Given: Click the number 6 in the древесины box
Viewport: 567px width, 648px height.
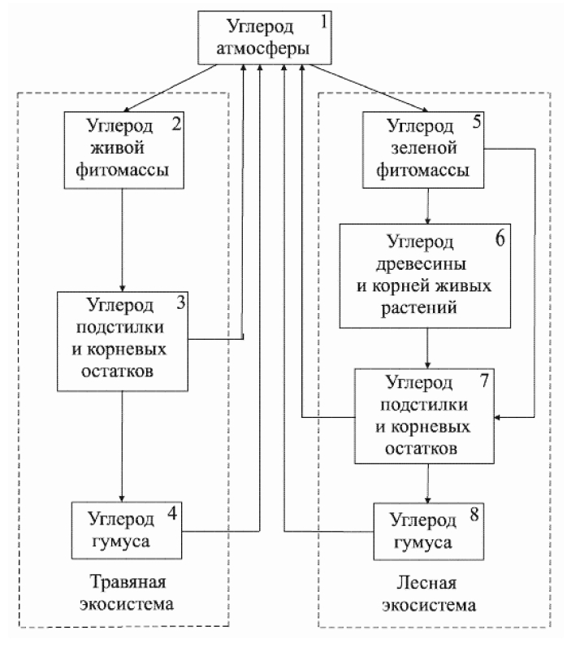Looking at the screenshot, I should tap(477, 242).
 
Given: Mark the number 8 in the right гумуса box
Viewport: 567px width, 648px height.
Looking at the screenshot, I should tap(474, 515).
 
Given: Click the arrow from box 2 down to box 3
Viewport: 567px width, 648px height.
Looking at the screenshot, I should tap(121, 241).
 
